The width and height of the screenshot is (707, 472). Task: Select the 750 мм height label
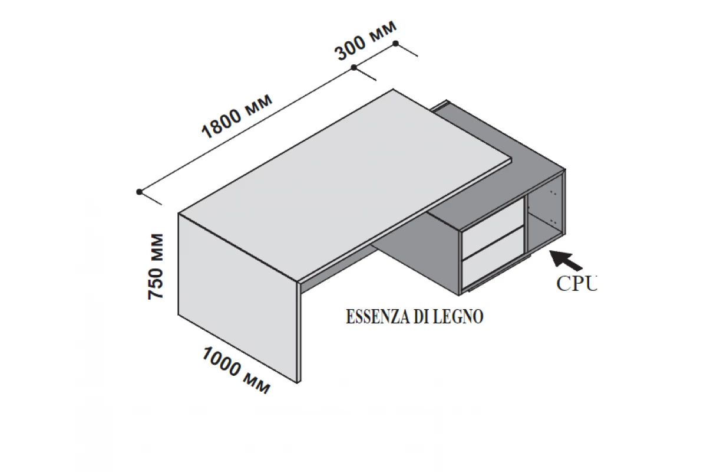(x=156, y=266)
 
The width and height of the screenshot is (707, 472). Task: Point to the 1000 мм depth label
(x=236, y=370)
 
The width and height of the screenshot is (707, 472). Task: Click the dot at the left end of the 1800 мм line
(x=139, y=192)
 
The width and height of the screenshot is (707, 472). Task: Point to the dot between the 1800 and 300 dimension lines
(x=353, y=68)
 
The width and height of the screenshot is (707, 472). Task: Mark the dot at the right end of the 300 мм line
(x=396, y=43)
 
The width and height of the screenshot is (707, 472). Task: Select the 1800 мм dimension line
(x=247, y=129)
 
